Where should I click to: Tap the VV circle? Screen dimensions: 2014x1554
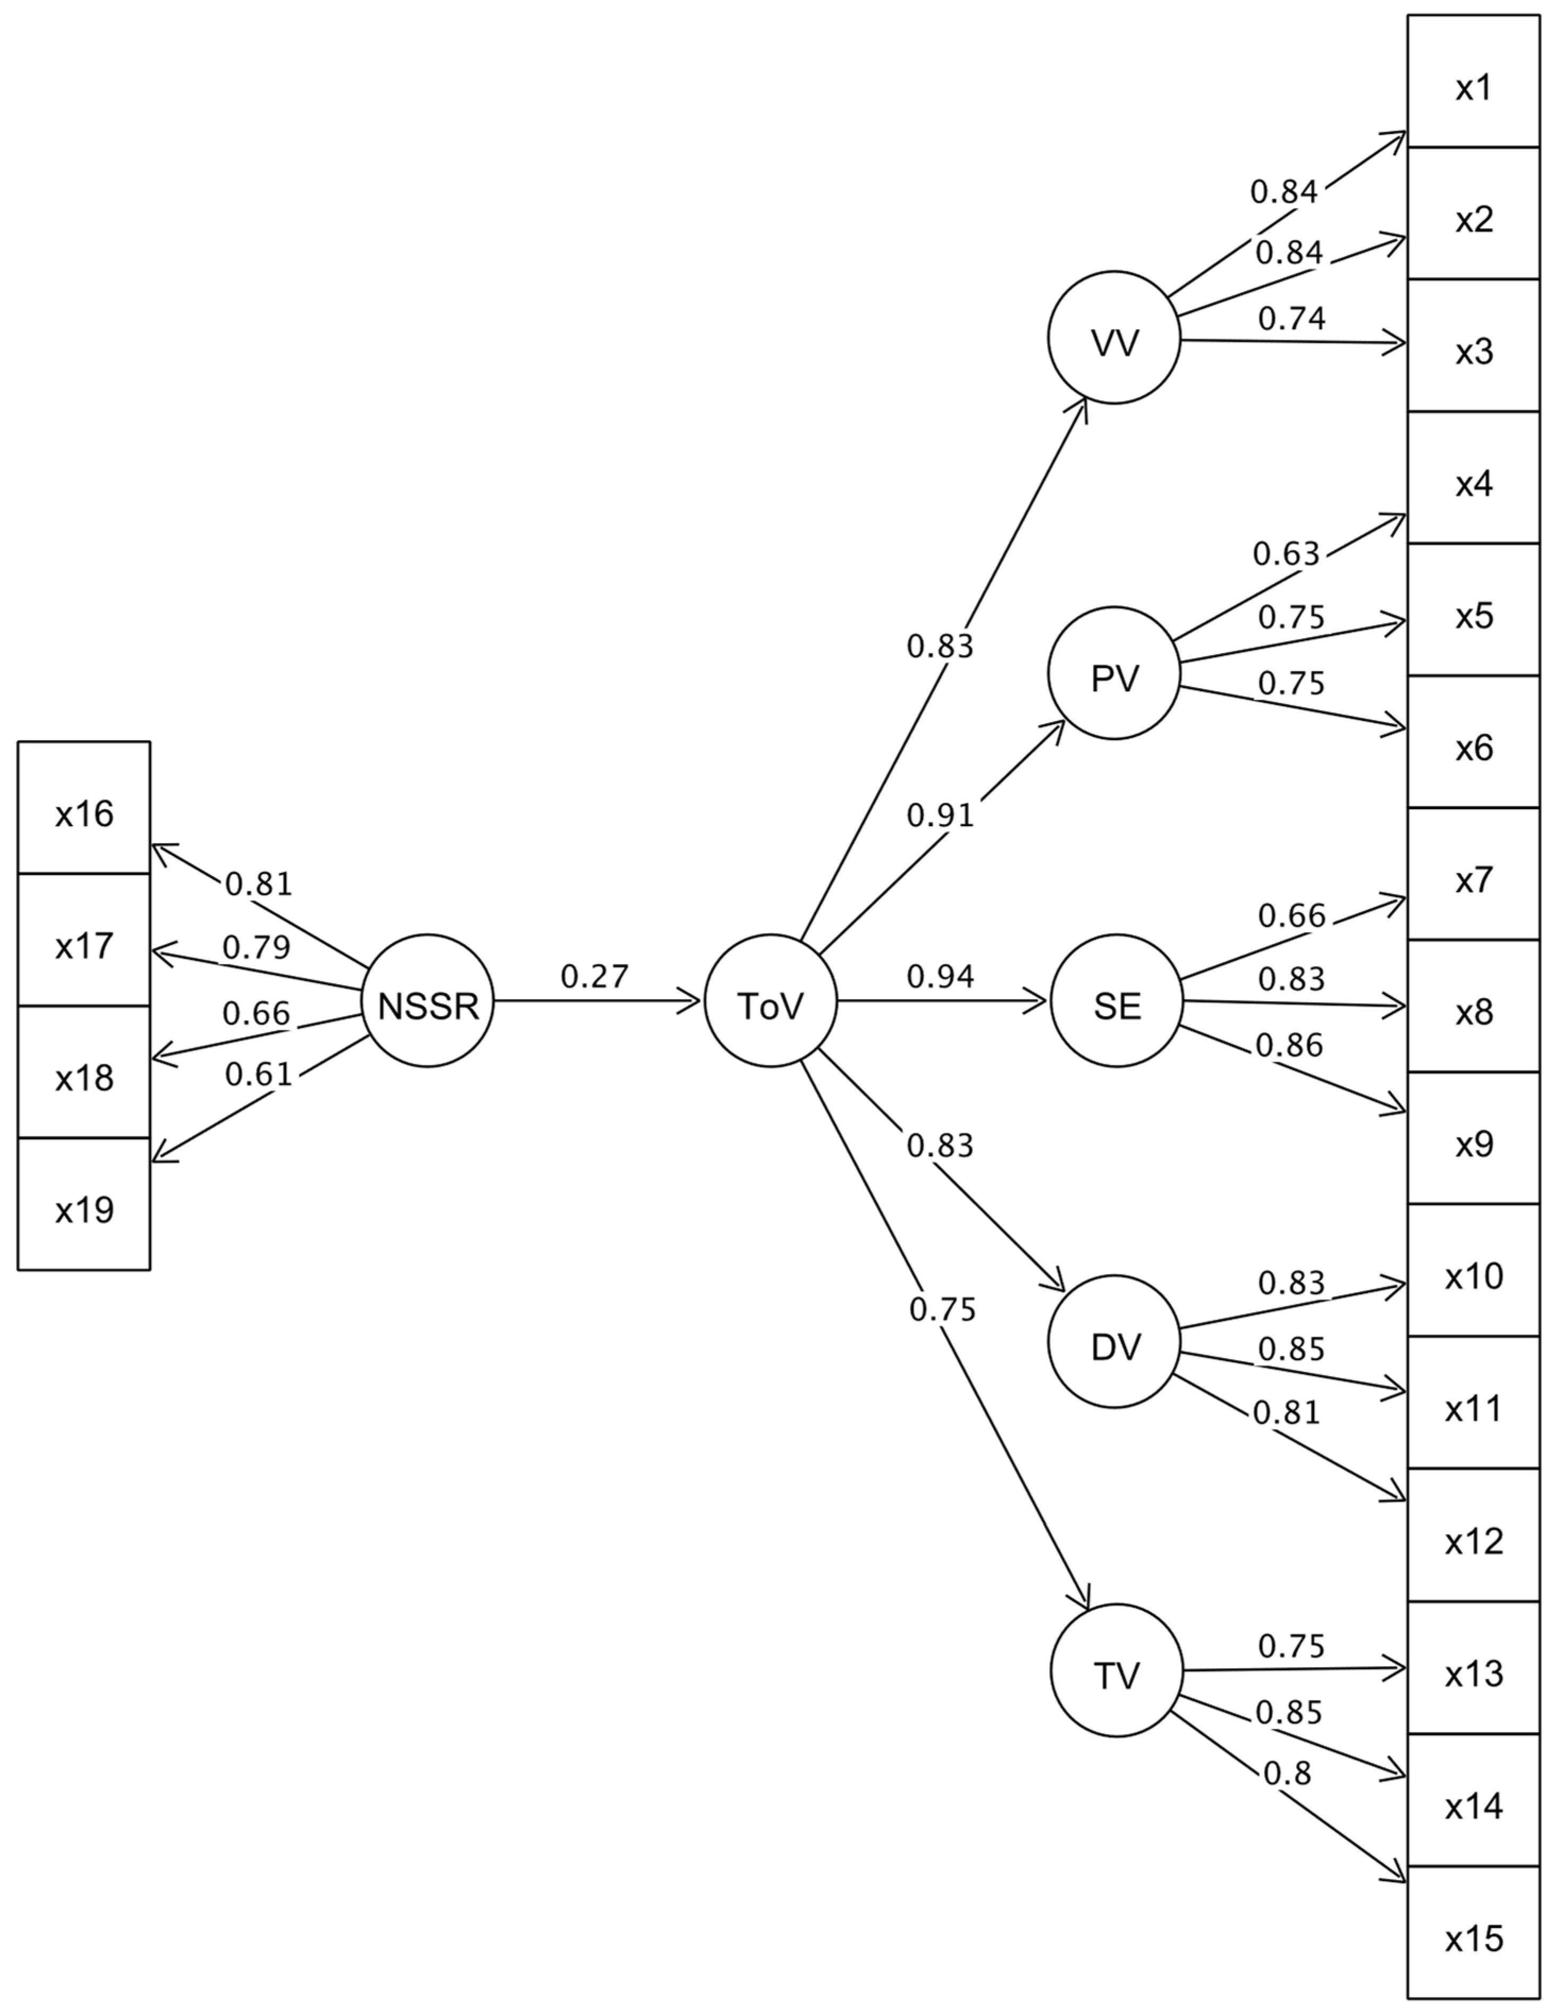coord(1114,337)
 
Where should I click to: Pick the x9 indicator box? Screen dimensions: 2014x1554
coord(1473,1143)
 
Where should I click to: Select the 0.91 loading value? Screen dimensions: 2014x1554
coord(940,815)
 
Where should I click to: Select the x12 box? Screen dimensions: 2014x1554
coord(1473,1540)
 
